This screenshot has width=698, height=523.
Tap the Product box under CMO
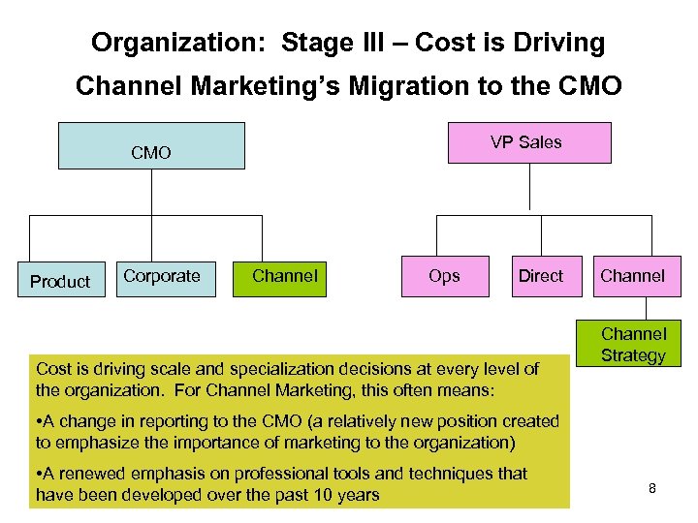(x=60, y=282)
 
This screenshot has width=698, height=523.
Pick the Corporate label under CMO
(x=162, y=276)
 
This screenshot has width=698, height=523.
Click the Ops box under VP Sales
(x=444, y=276)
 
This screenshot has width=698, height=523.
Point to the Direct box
(x=540, y=276)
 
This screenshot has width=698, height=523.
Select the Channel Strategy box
(x=633, y=345)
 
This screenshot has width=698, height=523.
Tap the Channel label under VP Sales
(x=633, y=276)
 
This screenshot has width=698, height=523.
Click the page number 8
(x=652, y=488)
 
